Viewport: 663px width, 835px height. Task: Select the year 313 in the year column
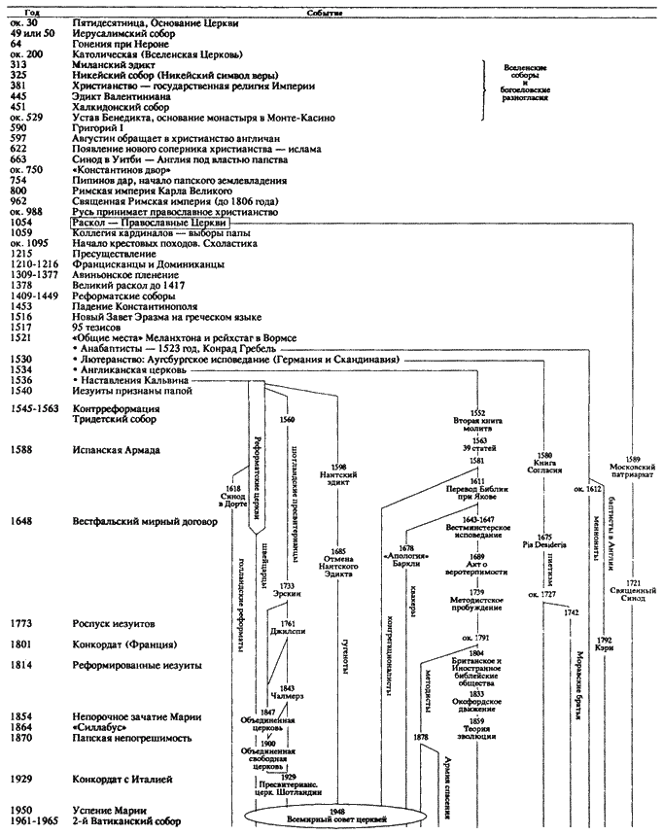(19, 64)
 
